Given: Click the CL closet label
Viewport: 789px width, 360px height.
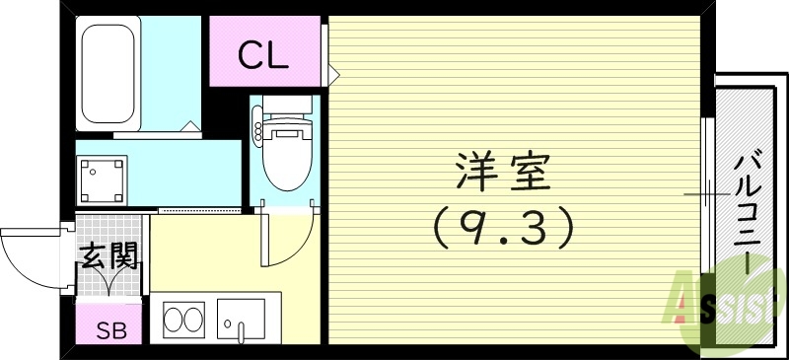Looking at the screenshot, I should pos(263,54).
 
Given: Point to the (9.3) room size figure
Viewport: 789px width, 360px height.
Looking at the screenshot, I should pos(503,230).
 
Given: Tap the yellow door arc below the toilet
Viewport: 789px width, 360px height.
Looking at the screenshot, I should pos(284,237).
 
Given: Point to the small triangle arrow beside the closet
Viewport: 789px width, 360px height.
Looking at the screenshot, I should pos(333,72).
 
